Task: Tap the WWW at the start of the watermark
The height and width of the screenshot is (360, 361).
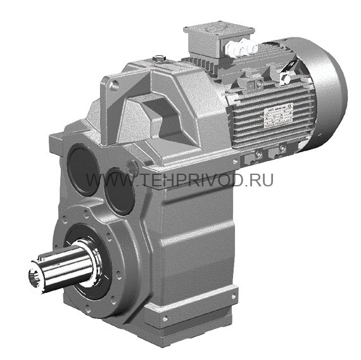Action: pyautogui.click(x=101, y=180)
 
